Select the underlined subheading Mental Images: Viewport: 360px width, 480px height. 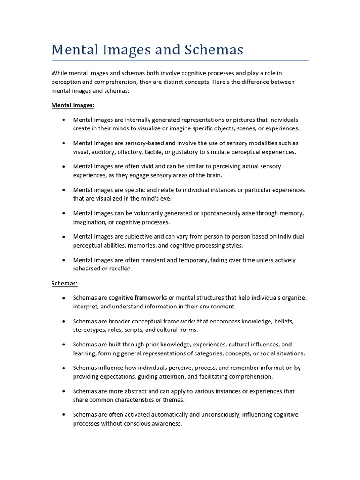click(x=73, y=105)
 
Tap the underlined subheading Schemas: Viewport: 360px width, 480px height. click(x=64, y=284)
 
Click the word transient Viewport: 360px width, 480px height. click(x=149, y=260)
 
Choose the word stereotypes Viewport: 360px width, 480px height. click(x=90, y=330)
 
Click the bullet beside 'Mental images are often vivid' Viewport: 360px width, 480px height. click(x=63, y=167)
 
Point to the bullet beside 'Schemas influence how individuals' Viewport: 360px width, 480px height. click(x=63, y=368)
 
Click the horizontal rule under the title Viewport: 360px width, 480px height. click(x=180, y=60)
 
